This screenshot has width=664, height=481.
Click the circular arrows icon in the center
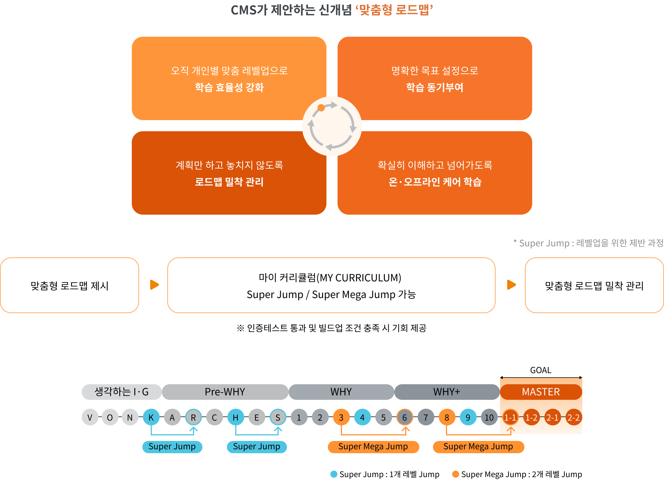pos(332,126)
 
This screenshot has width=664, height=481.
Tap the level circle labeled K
pos(151,417)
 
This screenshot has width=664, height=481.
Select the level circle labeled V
pos(90,417)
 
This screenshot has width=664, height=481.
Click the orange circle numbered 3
pos(341,417)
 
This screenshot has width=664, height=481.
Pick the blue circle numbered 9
pos(468,417)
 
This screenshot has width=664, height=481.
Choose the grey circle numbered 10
pos(489,417)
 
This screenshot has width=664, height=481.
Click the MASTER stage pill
pos(541,392)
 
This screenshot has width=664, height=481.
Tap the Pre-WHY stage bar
pos(225,392)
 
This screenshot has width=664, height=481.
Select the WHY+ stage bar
pos(447,392)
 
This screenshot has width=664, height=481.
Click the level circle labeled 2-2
pos(573,417)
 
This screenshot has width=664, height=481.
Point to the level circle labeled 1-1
pos(510,417)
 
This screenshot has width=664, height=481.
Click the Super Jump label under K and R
pos(172,447)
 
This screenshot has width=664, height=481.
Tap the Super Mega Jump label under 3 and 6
pos(373,447)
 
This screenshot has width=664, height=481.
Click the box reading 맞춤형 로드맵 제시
pos(70,286)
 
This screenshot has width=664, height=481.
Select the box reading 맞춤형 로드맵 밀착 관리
pos(594,286)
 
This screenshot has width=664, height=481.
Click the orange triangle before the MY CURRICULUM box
pos(154,284)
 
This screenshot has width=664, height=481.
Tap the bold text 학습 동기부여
pos(435,87)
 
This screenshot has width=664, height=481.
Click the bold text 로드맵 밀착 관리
pos(229,182)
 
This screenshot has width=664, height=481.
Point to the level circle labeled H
pos(236,417)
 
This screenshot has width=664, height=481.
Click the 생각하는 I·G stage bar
pos(122,392)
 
